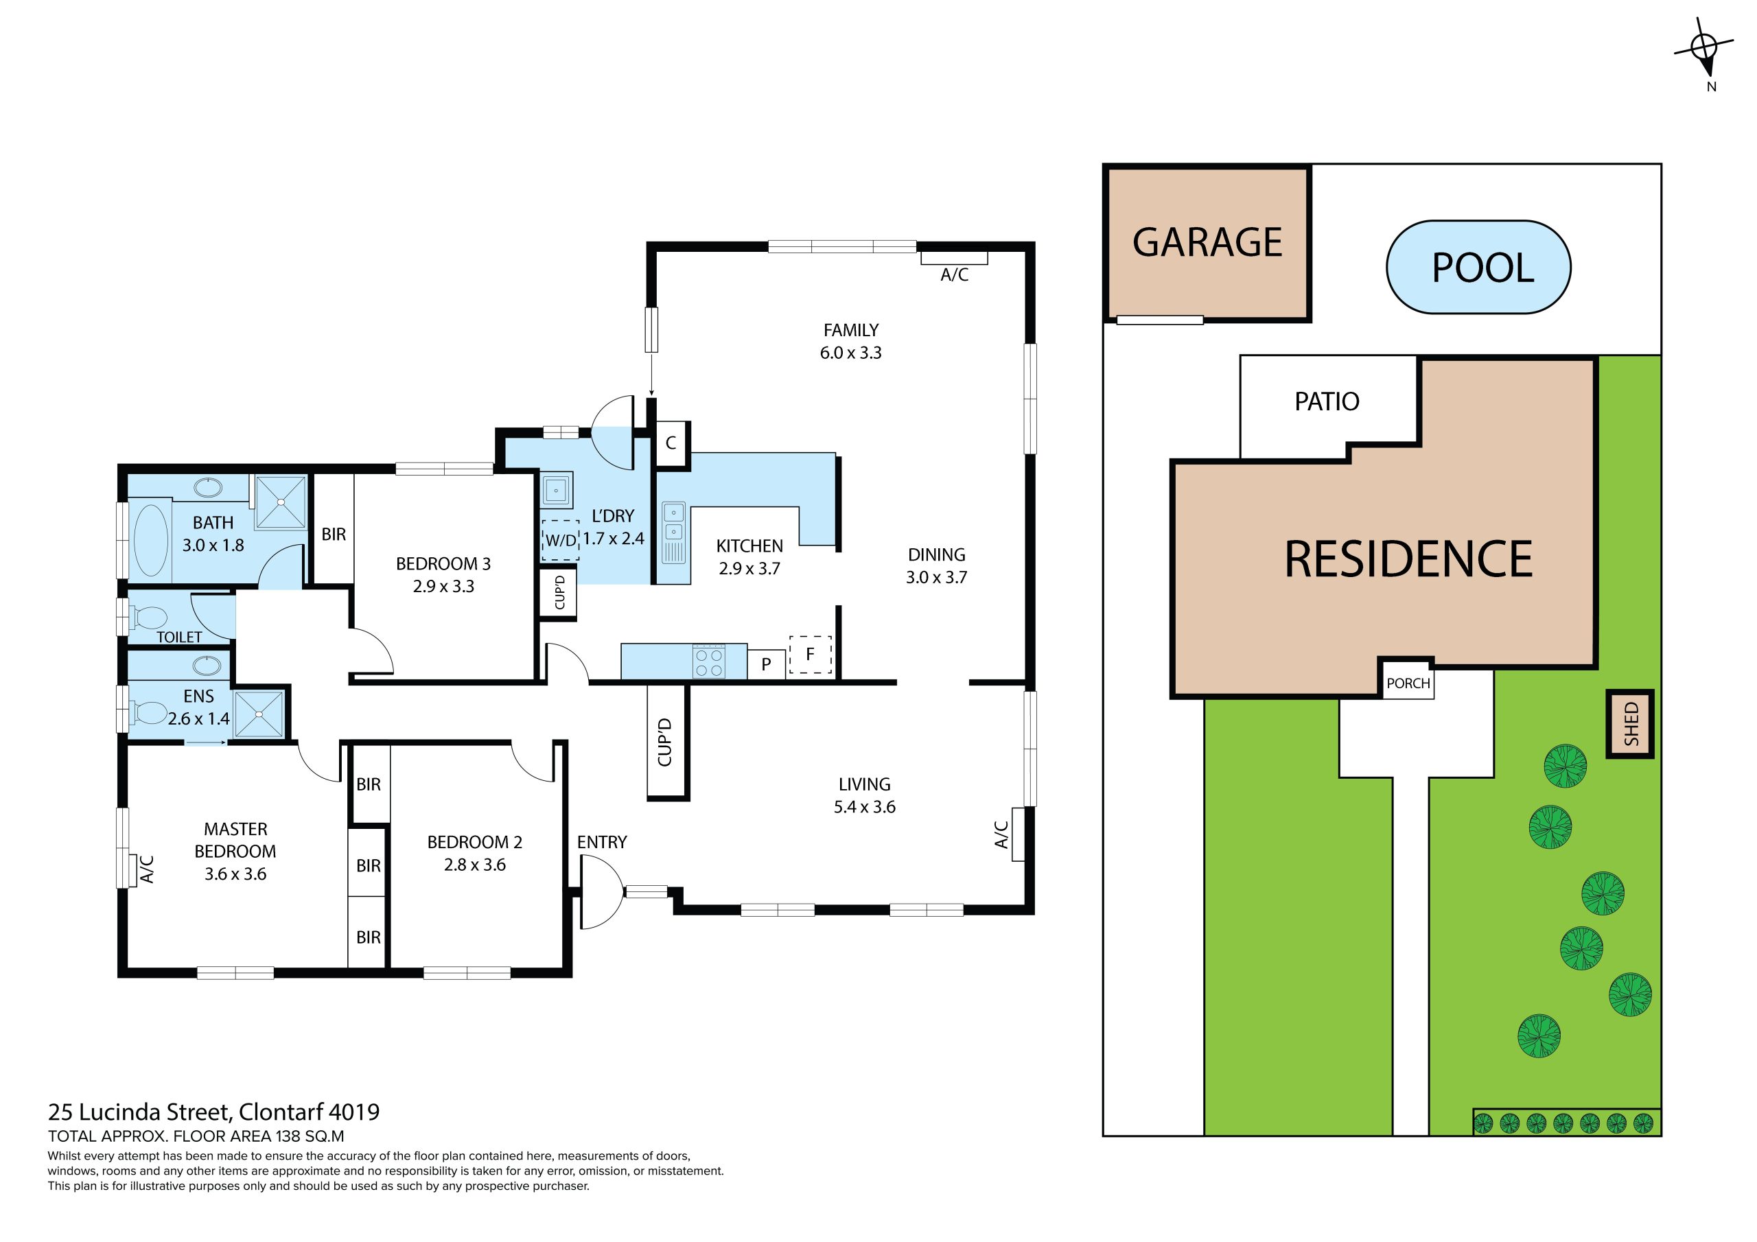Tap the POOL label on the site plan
point(1482,268)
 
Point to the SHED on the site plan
point(1630,724)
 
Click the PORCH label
point(1408,683)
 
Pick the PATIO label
point(1327,401)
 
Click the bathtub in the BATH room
point(151,539)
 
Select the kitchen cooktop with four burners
point(708,662)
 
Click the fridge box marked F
point(810,655)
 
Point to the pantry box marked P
point(766,664)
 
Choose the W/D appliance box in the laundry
point(560,539)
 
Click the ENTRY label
point(601,842)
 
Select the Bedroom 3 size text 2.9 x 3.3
point(443,586)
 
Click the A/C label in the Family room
point(954,274)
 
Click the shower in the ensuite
point(259,713)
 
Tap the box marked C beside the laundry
point(671,443)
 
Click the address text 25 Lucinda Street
point(139,1111)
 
